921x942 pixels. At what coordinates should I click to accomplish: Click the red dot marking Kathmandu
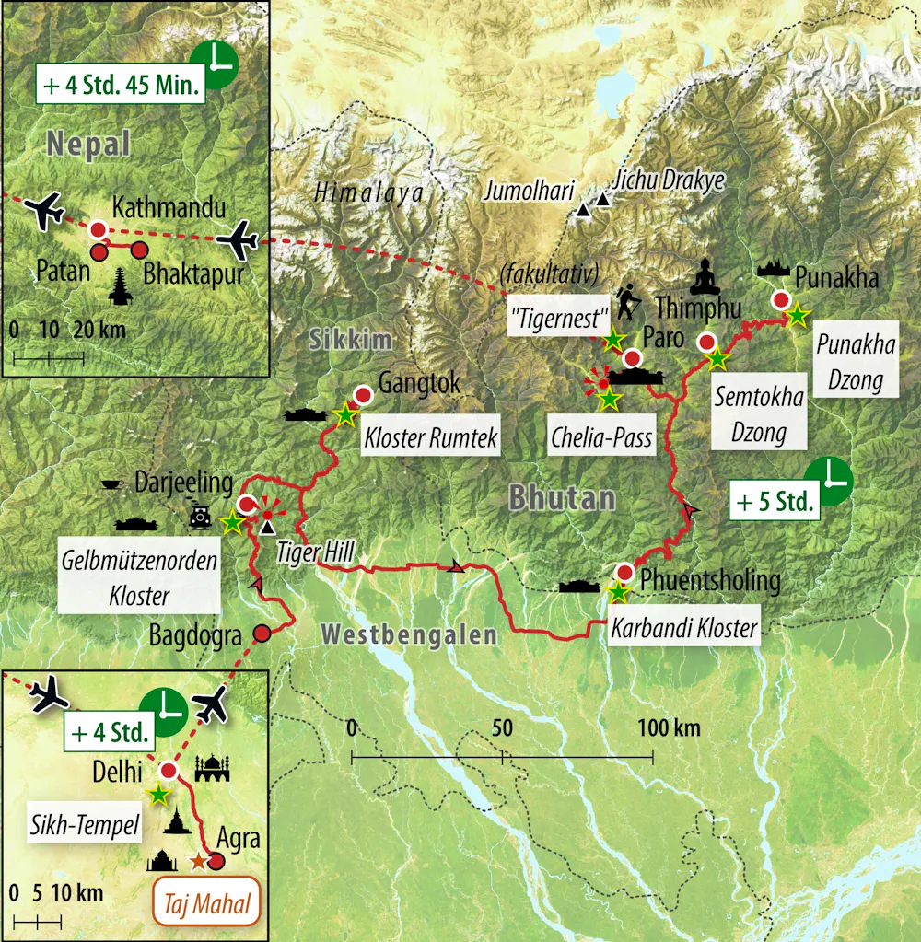coord(97,229)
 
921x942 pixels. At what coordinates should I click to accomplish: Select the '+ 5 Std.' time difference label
coord(775,502)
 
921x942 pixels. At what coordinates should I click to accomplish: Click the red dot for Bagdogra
coord(262,633)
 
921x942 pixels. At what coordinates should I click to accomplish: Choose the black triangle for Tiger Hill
coord(267,528)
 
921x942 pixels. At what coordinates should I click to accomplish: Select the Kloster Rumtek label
coord(431,439)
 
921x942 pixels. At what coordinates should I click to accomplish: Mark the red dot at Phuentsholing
coord(624,572)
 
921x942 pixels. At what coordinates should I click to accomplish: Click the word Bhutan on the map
coord(562,498)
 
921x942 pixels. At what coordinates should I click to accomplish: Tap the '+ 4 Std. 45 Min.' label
coord(120,87)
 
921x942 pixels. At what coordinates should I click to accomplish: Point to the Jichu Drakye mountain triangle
coord(603,200)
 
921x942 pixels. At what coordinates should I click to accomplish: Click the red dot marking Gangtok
coord(363,396)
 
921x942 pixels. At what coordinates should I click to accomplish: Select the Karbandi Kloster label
coord(683,630)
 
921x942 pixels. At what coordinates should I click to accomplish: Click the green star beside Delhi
coord(159,793)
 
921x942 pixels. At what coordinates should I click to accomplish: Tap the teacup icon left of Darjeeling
coord(110,483)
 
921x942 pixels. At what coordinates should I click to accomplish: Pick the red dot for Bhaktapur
coord(139,250)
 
